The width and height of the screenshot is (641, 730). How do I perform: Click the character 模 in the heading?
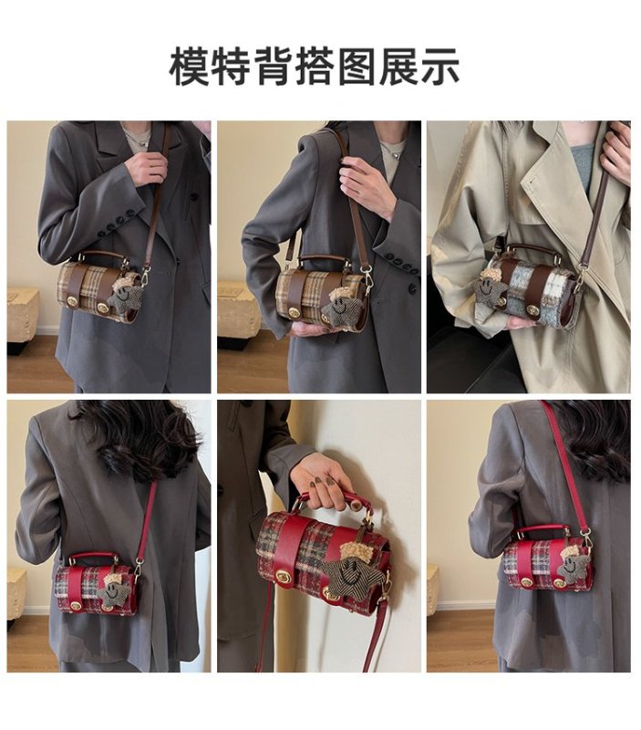(x=189, y=67)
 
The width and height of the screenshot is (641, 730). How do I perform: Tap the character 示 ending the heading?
(x=440, y=67)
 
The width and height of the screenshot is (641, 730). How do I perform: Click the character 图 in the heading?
(x=357, y=67)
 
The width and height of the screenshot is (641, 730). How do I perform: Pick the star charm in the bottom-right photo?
(x=571, y=565)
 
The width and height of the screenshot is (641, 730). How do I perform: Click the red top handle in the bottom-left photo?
(x=94, y=558)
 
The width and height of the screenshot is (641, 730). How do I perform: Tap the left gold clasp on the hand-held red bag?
(x=283, y=577)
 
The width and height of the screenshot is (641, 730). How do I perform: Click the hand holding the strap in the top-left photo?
(x=145, y=165)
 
